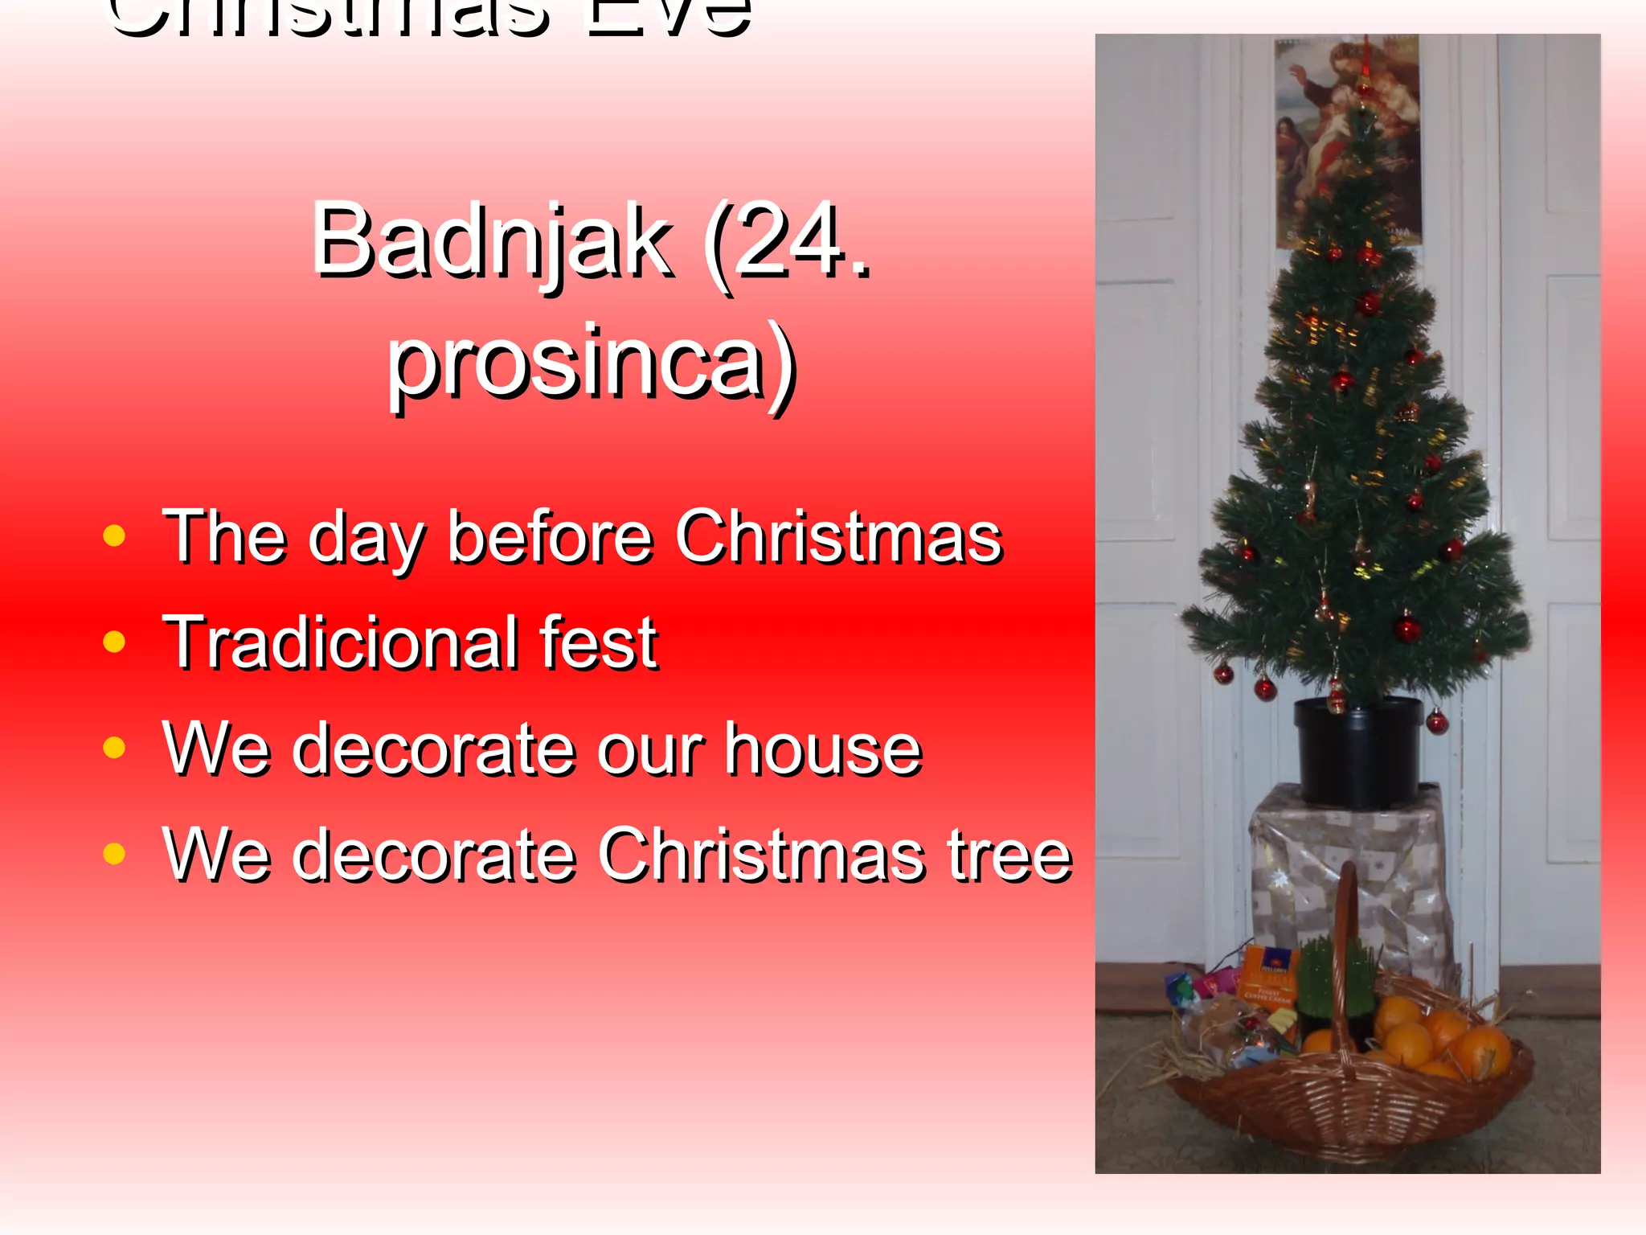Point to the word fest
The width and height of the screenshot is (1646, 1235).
pyautogui.click(x=599, y=643)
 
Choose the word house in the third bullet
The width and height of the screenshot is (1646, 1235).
pyautogui.click(x=823, y=749)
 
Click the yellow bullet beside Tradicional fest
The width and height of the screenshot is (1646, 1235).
pyautogui.click(x=115, y=642)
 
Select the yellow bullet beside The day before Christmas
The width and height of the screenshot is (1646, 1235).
pyautogui.click(x=115, y=536)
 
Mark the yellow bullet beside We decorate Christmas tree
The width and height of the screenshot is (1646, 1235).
pyautogui.click(x=115, y=854)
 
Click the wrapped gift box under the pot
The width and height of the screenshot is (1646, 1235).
pyautogui.click(x=1350, y=876)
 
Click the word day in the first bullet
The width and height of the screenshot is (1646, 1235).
pyautogui.click(x=366, y=537)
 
